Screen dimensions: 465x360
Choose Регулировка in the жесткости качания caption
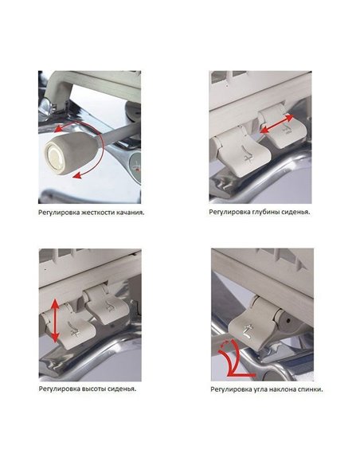point(54,213)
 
